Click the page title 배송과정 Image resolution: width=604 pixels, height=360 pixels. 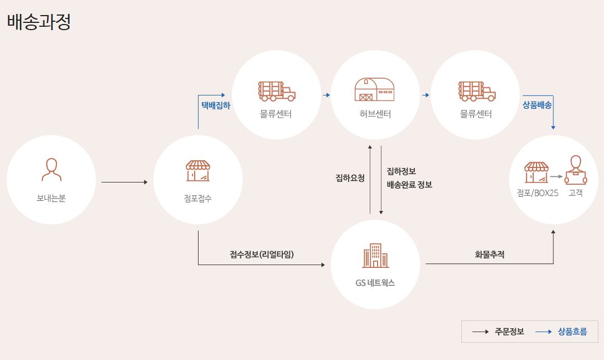click(x=39, y=22)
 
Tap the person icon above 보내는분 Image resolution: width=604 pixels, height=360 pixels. click(x=51, y=170)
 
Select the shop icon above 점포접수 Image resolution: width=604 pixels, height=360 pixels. click(x=198, y=171)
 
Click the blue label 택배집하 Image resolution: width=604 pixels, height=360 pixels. click(x=215, y=104)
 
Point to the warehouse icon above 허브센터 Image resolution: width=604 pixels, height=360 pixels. click(x=375, y=90)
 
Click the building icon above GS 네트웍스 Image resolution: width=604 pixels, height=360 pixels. click(x=375, y=256)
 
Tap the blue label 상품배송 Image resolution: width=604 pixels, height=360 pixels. click(x=538, y=104)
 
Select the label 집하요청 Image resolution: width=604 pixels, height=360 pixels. click(x=350, y=178)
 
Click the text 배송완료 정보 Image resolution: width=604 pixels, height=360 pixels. click(x=409, y=185)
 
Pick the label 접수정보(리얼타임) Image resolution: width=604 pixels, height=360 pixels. click(x=262, y=254)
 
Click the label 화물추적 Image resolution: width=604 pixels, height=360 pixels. click(x=489, y=254)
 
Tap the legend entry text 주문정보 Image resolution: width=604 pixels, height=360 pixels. click(x=509, y=332)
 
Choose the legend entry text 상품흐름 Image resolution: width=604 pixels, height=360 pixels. click(x=572, y=332)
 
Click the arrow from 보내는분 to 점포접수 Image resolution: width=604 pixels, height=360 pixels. click(x=124, y=182)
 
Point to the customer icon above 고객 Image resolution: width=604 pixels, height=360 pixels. click(x=576, y=170)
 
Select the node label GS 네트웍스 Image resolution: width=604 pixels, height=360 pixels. click(x=375, y=282)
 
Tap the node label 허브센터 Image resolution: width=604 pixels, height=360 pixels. click(x=375, y=114)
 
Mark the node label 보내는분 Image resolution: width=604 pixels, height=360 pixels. click(x=51, y=198)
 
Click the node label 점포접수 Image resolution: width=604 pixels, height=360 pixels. click(x=198, y=198)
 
